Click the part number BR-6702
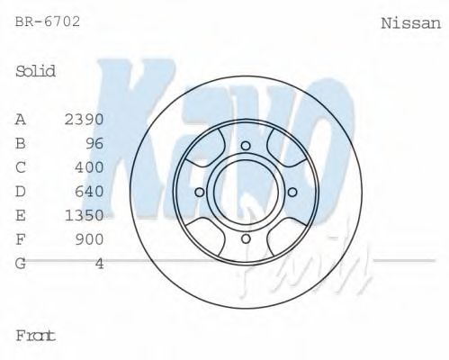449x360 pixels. click(48, 21)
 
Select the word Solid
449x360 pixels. click(36, 71)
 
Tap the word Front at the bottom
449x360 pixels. click(36, 335)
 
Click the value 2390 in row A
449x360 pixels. click(85, 119)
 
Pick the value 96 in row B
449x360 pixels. click(94, 143)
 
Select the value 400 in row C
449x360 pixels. click(90, 167)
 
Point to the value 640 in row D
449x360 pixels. click(90, 191)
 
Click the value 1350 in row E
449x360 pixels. click(85, 215)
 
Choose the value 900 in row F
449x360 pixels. click(90, 239)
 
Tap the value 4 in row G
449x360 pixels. click(100, 263)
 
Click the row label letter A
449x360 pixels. click(21, 119)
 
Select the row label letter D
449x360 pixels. click(21, 191)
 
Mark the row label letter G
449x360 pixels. click(21, 263)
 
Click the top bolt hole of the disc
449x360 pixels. click(245, 145)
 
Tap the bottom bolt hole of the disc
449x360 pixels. click(245, 238)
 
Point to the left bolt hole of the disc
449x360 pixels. click(199, 191)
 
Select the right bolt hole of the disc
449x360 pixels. click(292, 191)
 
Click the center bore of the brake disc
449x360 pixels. click(245, 191)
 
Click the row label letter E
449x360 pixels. click(21, 215)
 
